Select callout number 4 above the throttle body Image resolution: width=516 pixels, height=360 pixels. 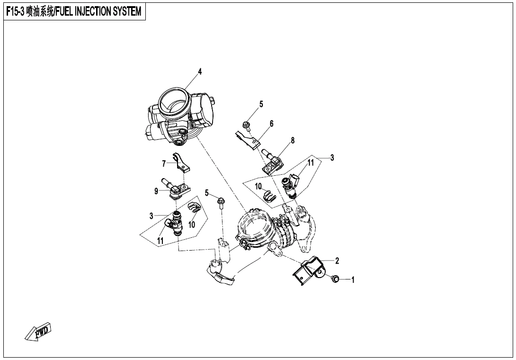point(200,72)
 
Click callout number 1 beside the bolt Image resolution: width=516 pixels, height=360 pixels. point(353,280)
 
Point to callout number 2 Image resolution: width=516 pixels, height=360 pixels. point(337,261)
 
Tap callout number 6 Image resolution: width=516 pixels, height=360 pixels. point(272,124)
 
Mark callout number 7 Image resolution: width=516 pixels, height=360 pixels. point(164,164)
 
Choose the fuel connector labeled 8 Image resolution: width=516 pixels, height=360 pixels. point(272,161)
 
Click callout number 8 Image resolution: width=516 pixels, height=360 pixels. point(293,140)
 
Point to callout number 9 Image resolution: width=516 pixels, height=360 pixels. point(156,191)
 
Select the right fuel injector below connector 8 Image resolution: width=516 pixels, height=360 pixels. point(291,185)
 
